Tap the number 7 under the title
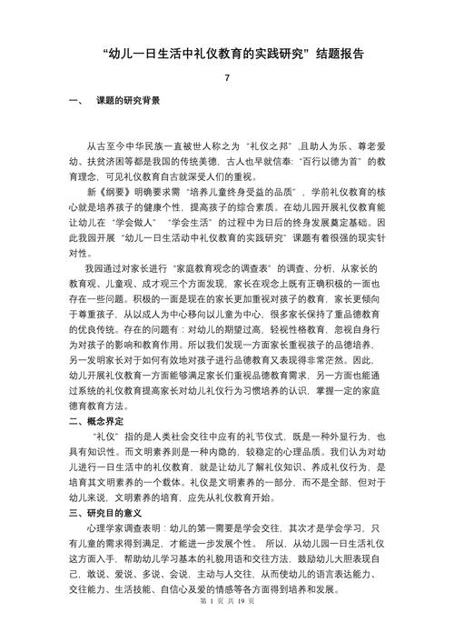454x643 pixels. point(227,78)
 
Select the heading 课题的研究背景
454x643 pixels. point(128,100)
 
